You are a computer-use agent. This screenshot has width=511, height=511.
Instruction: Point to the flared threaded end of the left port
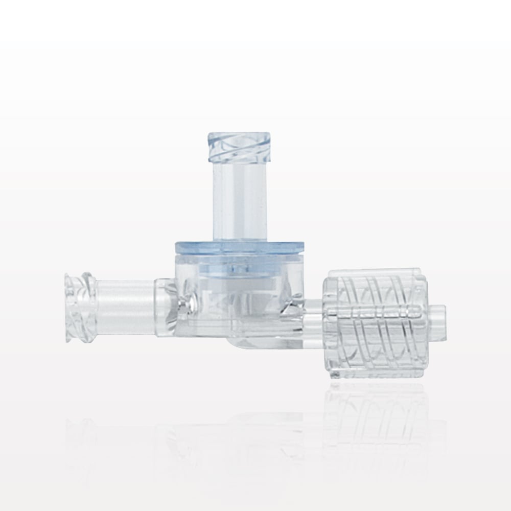coord(77,299)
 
